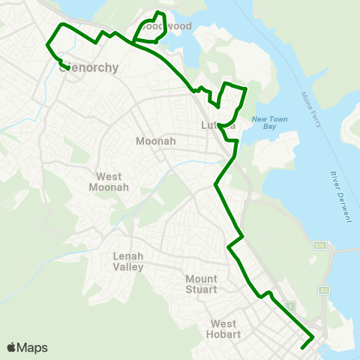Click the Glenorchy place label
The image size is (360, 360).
click(88, 68)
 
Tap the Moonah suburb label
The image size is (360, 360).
click(156, 141)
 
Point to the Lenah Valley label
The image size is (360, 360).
click(128, 261)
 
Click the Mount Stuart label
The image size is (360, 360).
click(201, 284)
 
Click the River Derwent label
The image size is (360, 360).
click(340, 196)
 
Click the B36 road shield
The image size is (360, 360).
click(319, 245)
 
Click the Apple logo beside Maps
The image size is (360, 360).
click(11, 347)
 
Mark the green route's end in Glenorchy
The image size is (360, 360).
click(68, 68)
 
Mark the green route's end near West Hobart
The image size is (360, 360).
click(301, 347)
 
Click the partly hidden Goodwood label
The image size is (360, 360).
click(167, 26)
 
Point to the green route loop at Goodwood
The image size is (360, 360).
click(150, 30)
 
